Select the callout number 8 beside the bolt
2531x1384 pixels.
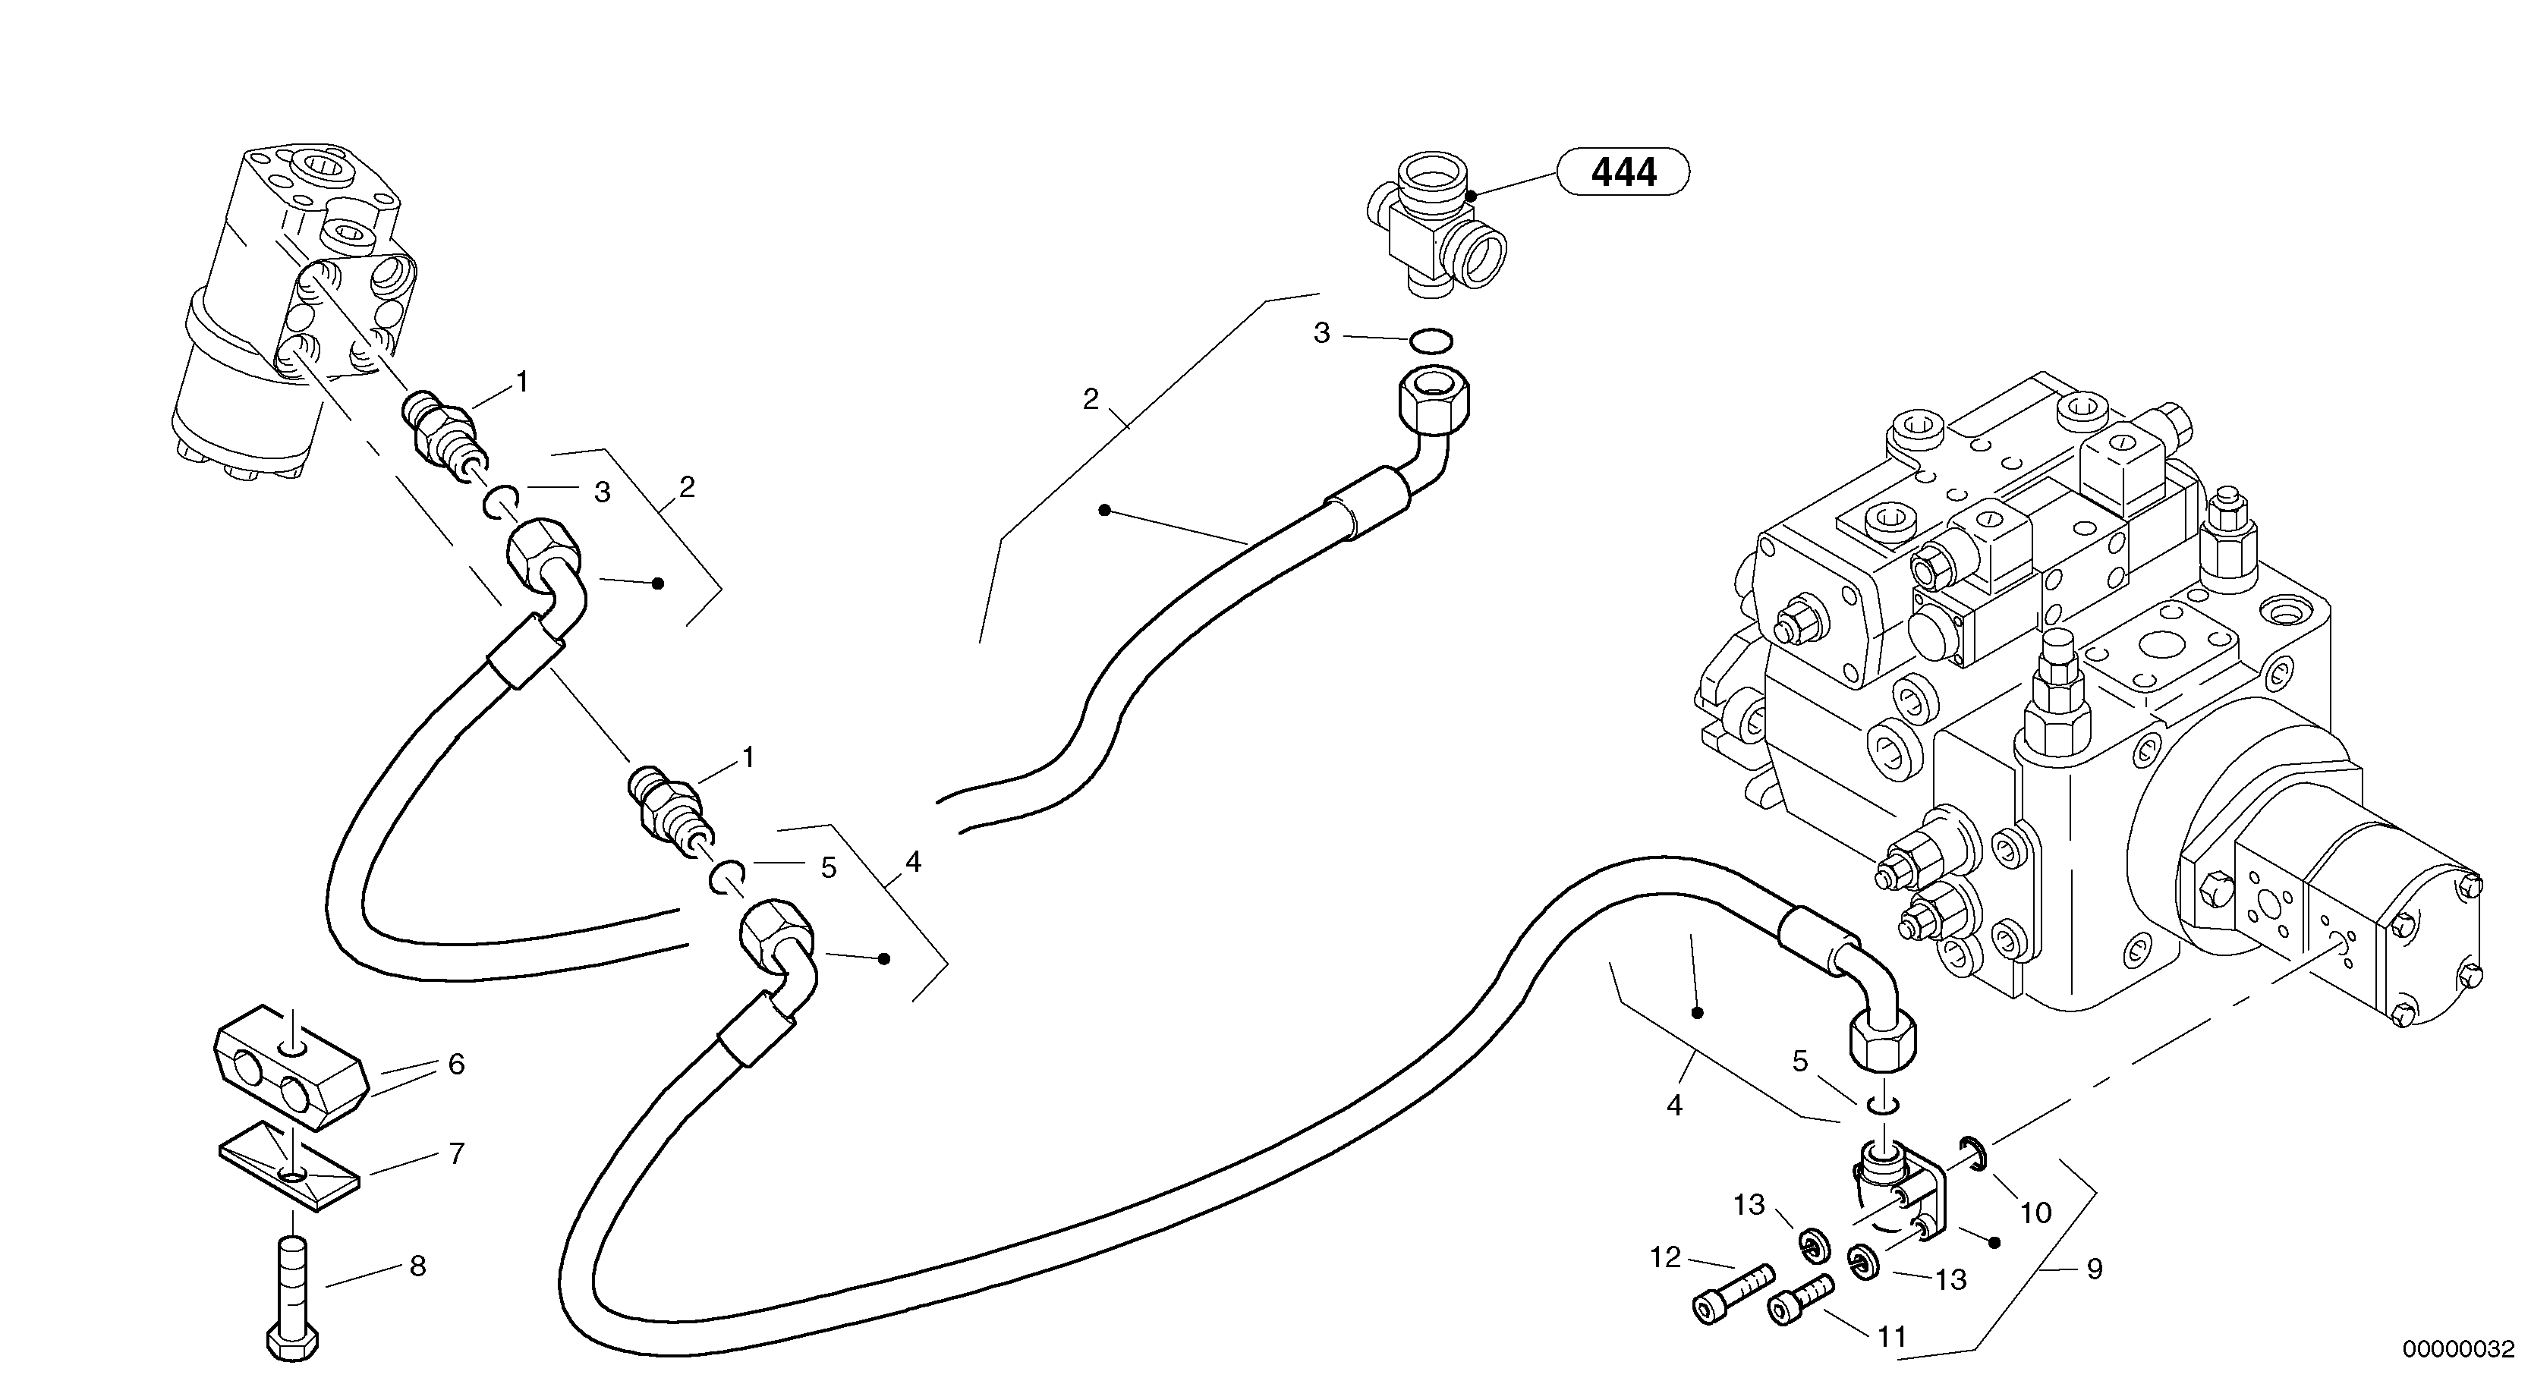pos(417,1267)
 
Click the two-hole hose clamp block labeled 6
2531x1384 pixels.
pos(289,1065)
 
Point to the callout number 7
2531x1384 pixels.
pos(456,1154)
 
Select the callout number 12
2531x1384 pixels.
pos(1665,1257)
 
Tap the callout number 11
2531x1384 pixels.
pos(1891,1337)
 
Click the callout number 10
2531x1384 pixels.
pos(2035,1213)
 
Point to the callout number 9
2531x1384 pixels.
pos(2094,1269)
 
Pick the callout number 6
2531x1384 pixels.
pos(456,1065)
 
